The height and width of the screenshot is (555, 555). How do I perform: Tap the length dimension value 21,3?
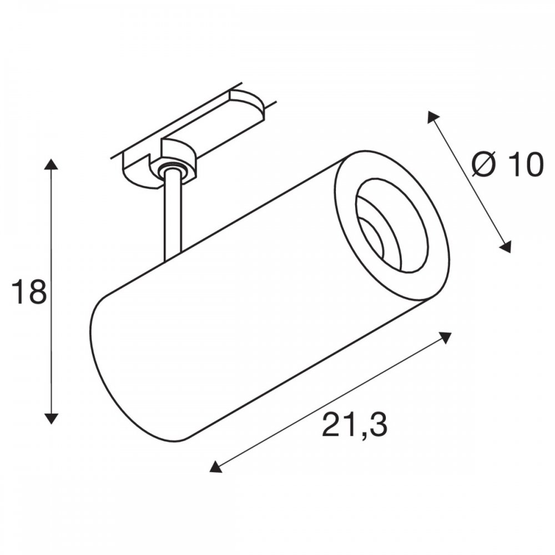[354, 424]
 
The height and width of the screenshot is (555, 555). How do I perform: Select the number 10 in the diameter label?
[525, 165]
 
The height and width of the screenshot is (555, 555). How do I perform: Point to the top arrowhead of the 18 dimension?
[52, 165]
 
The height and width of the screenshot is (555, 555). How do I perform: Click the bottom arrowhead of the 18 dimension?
[52, 418]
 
